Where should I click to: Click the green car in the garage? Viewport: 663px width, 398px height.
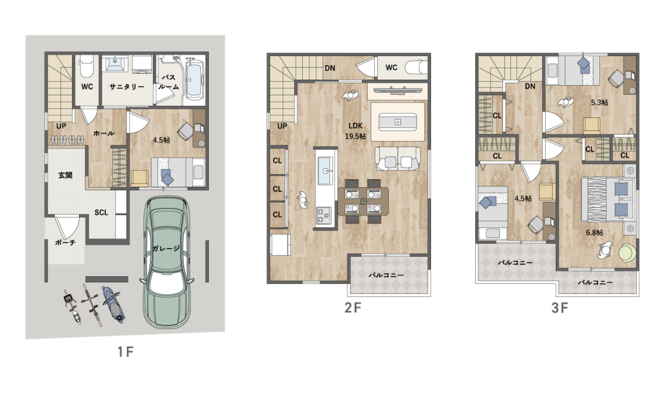click(x=166, y=262)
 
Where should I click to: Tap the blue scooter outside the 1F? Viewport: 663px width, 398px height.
click(x=113, y=304)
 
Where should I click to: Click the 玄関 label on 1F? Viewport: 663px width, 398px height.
click(x=65, y=175)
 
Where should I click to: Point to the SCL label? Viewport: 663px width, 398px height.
click(x=101, y=212)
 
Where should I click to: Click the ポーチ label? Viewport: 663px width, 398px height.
click(x=65, y=242)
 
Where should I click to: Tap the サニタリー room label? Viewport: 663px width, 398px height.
click(x=127, y=87)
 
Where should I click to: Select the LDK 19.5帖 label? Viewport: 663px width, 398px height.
click(x=356, y=131)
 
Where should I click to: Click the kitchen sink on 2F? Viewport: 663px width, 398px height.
click(x=326, y=171)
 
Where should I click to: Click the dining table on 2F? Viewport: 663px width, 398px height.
click(x=363, y=201)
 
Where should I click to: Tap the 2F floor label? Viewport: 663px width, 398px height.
click(x=353, y=308)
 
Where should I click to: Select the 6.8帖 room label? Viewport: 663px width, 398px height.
click(x=595, y=233)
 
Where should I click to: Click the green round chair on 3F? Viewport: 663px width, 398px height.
click(x=627, y=253)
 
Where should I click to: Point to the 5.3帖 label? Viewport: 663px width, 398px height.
click(x=599, y=103)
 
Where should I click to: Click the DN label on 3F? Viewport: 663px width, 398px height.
click(x=530, y=86)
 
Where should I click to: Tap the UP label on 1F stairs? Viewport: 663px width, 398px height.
click(x=61, y=126)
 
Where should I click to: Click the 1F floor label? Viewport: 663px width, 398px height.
click(x=125, y=352)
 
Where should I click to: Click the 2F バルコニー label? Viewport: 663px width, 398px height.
click(x=386, y=275)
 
